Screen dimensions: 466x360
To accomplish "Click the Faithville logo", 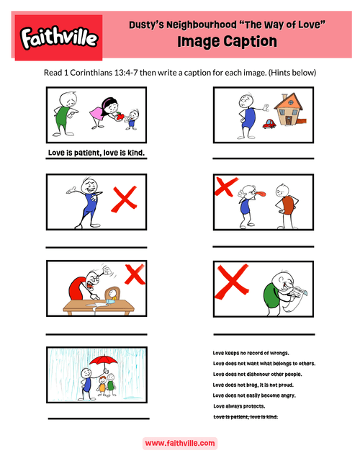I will click(x=58, y=36).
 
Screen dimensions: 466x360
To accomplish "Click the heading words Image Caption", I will click(x=227, y=42).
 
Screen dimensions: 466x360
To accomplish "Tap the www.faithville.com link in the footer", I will click(x=180, y=444).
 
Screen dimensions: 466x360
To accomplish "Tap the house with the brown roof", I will click(x=293, y=112).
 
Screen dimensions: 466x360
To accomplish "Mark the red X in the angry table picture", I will click(x=134, y=273).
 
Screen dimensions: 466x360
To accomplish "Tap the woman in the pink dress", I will click(x=102, y=112).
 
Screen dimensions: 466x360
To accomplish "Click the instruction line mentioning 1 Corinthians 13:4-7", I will click(x=180, y=73).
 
